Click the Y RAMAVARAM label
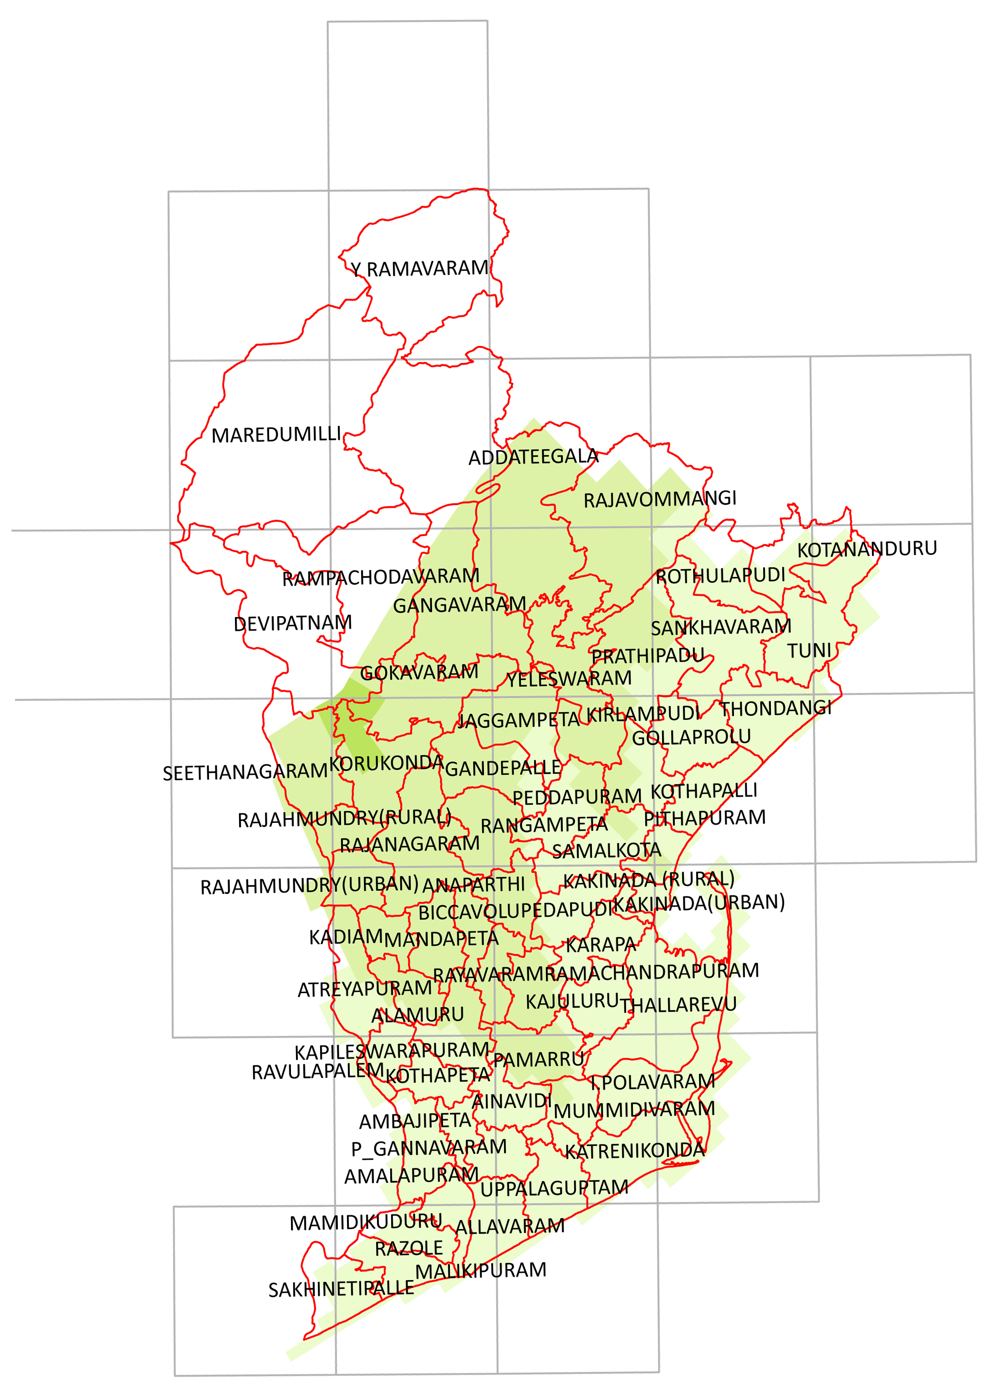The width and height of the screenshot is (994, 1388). click(420, 269)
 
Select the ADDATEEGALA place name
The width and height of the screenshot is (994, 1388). click(533, 457)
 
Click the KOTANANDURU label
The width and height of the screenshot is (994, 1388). click(867, 549)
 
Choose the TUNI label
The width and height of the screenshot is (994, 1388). click(809, 651)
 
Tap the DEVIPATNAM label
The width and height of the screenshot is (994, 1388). click(293, 623)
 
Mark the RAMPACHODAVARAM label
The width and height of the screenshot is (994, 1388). click(380, 577)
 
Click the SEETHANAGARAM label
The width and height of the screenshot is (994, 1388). click(245, 772)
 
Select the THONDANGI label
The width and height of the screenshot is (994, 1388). click(775, 709)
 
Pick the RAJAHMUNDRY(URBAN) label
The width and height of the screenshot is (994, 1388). click(309, 886)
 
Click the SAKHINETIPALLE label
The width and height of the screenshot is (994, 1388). click(341, 1289)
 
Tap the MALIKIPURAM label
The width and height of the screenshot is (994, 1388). click(480, 1271)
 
